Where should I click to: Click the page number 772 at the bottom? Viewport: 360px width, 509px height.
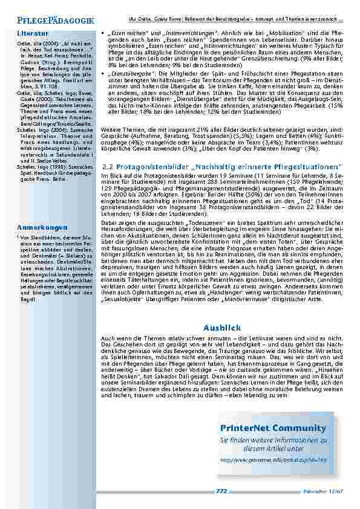pos(221,491)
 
